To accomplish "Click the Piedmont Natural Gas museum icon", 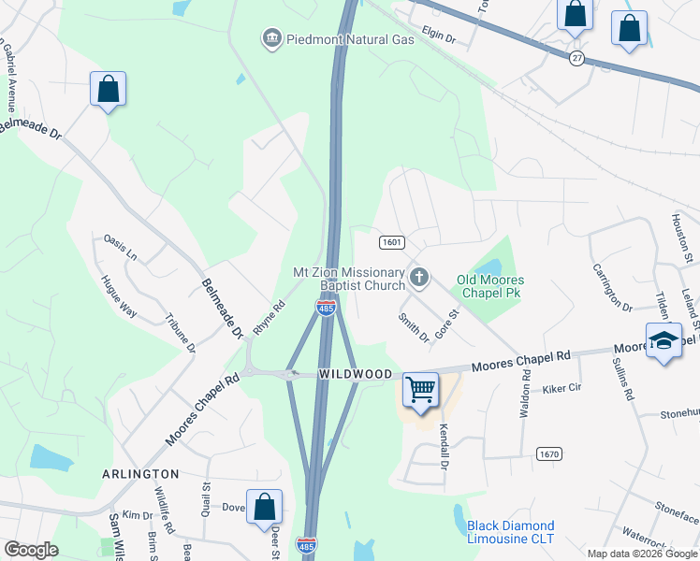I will click(x=271, y=38).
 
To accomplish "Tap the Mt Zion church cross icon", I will click(x=419, y=277).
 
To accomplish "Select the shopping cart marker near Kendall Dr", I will click(x=421, y=389).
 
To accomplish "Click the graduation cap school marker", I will click(x=664, y=341).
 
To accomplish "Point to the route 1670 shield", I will click(x=549, y=453).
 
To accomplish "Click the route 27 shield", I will click(x=576, y=58).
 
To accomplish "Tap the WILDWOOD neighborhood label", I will click(x=356, y=374).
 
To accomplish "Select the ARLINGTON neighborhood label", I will click(x=140, y=474).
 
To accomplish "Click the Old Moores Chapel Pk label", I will click(x=490, y=287).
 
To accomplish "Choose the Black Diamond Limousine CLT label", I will click(x=511, y=532).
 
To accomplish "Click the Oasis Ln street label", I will click(x=120, y=248).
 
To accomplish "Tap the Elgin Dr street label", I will click(x=437, y=38).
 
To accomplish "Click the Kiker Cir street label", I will click(x=561, y=386).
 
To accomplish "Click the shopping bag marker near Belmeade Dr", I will click(x=109, y=89).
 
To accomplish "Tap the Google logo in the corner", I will click(x=31, y=550).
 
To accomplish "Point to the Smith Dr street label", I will click(x=412, y=326).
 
